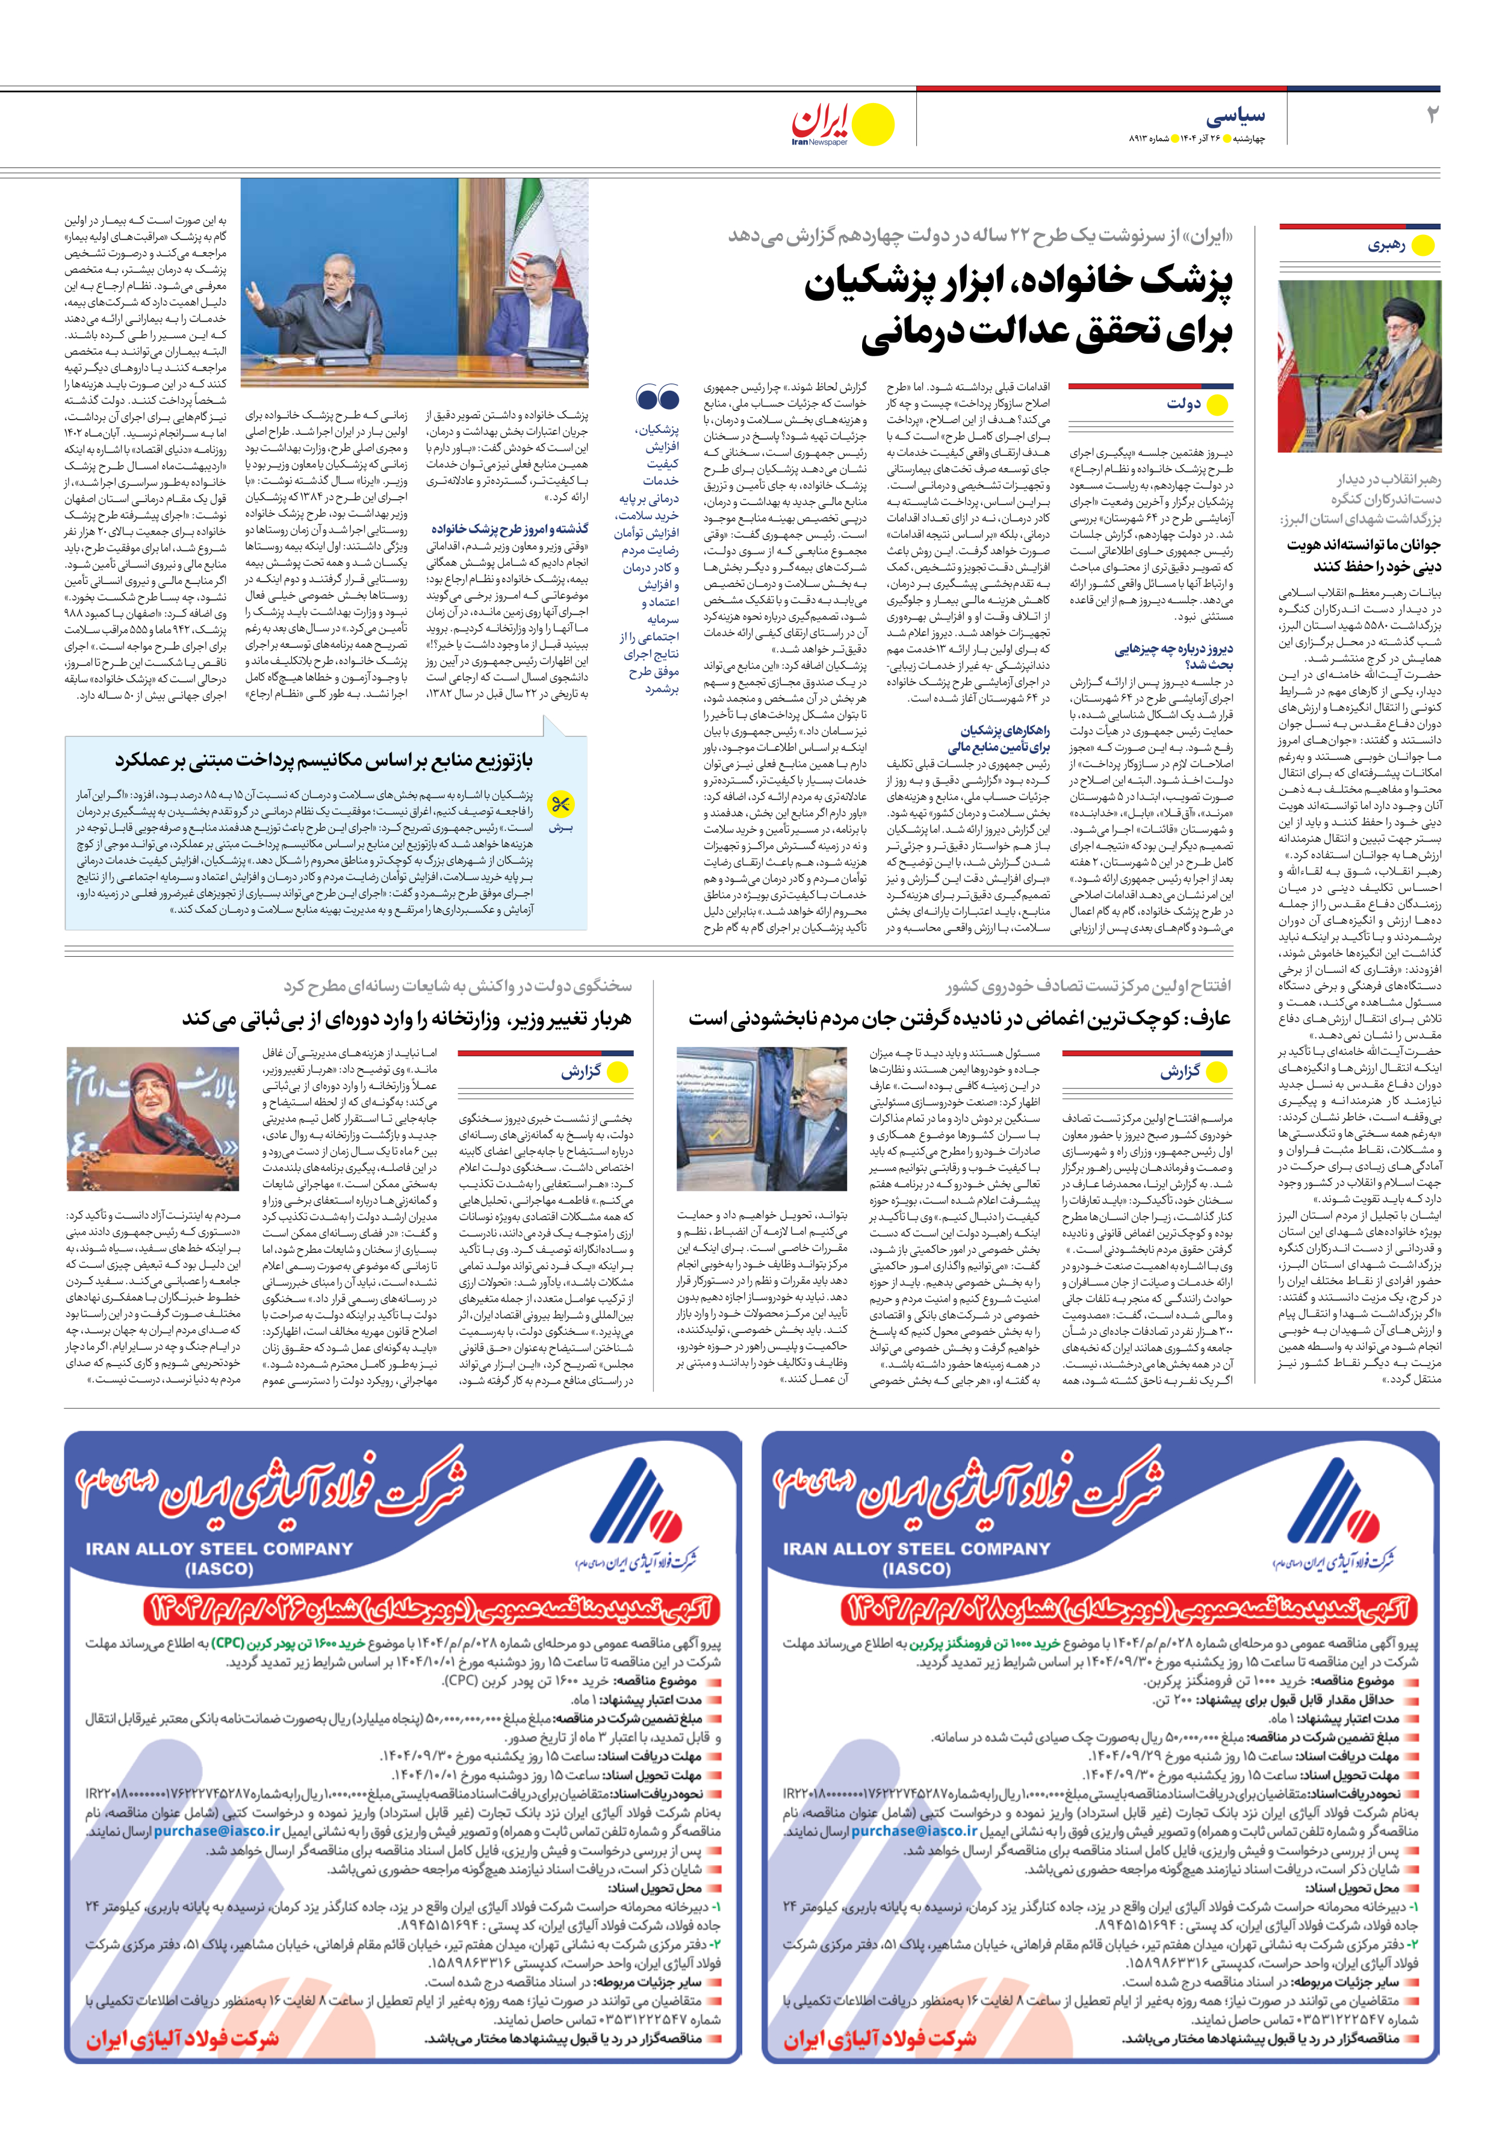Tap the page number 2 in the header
point(1430,115)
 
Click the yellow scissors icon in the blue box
point(560,803)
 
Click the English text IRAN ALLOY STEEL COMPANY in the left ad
point(219,1549)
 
